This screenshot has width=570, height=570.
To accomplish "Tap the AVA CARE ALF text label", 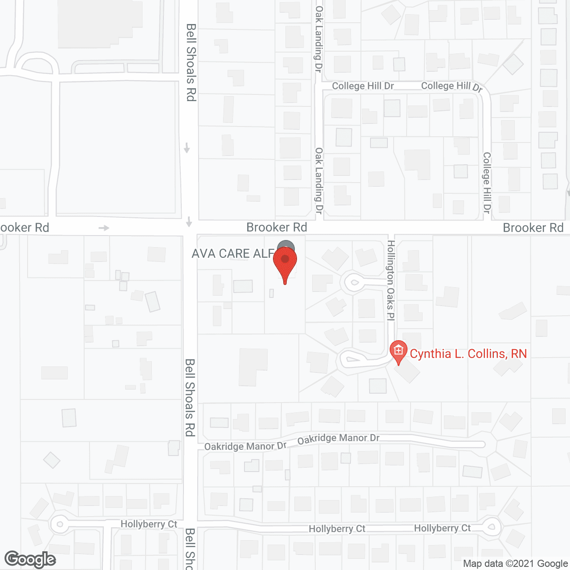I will point(232,254).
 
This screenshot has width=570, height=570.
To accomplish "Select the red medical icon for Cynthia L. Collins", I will point(398,351).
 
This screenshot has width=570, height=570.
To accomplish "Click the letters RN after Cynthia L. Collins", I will point(519,354).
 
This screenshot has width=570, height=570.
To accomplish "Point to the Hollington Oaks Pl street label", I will point(391,281).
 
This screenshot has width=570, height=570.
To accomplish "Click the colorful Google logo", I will point(30,559).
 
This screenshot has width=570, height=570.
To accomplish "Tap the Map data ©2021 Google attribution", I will point(515,564).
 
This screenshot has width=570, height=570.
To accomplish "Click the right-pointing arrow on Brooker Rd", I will point(104,228).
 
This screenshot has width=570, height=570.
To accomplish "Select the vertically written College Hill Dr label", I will point(487,183).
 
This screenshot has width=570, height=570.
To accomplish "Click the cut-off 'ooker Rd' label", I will point(24,228).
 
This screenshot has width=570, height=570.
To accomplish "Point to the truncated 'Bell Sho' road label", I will point(190,549).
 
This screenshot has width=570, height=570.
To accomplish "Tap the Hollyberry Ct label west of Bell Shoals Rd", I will point(149,524).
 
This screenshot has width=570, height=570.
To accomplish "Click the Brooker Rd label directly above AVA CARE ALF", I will point(277,228).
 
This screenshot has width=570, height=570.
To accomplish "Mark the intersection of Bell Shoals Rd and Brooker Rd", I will point(190,228).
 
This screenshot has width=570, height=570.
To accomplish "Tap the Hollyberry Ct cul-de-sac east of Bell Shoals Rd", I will point(491,528).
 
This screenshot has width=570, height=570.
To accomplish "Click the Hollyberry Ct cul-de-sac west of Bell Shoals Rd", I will point(59,524).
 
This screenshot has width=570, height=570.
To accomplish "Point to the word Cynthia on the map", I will point(430,354).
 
